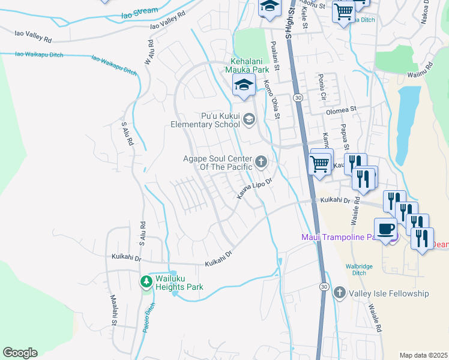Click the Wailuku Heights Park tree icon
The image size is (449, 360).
click(146, 281)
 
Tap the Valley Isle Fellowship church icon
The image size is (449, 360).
click(339, 293)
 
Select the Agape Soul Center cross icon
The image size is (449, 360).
click(261, 161)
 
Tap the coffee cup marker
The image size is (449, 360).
click(385, 229)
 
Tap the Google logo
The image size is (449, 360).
click(20, 353)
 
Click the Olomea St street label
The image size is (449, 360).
click(341, 110)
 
